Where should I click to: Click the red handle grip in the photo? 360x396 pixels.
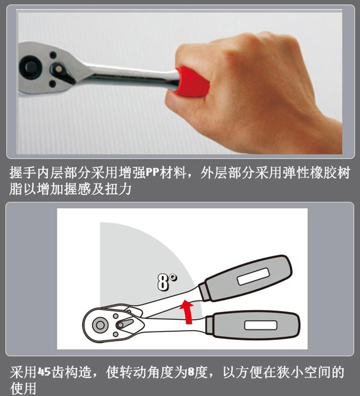(193, 81)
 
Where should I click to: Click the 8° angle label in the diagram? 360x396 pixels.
(167, 281)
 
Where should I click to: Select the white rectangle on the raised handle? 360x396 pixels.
(253, 276)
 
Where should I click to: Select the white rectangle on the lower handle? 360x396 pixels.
(260, 325)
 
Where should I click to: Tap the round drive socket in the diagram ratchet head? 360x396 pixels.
(100, 325)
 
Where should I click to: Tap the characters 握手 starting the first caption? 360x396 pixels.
(23, 173)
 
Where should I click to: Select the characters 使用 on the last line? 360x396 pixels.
(23, 388)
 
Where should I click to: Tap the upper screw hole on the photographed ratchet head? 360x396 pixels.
(53, 55)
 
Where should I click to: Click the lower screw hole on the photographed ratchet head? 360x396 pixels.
(52, 84)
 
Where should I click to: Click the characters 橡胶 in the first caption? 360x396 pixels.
(323, 173)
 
